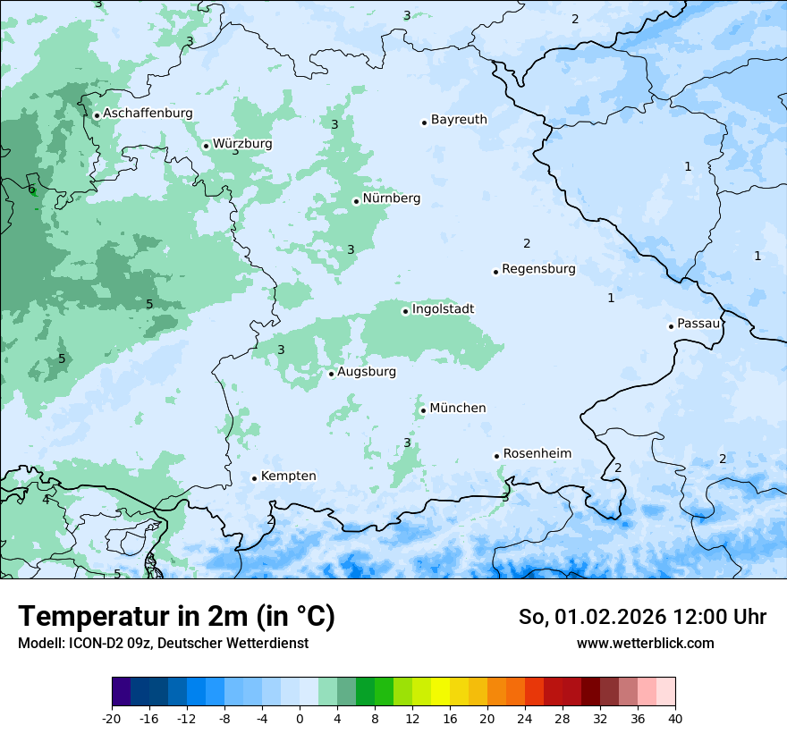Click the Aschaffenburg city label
click(x=148, y=114)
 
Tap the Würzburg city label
click(x=242, y=144)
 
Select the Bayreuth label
click(x=459, y=120)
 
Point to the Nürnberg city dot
click(x=356, y=201)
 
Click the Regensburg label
click(x=538, y=269)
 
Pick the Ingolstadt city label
click(x=443, y=309)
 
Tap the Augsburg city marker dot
click(x=331, y=374)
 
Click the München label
click(x=458, y=409)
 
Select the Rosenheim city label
click(x=537, y=454)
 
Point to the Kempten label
click(x=288, y=476)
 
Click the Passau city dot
click(x=671, y=326)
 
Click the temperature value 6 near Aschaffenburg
click(x=31, y=190)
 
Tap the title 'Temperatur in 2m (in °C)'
click(x=176, y=617)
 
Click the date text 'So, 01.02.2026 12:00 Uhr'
click(x=642, y=617)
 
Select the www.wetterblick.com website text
click(x=645, y=644)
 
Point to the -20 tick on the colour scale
click(x=112, y=718)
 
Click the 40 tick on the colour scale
click(x=674, y=718)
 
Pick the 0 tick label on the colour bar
click(x=299, y=718)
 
